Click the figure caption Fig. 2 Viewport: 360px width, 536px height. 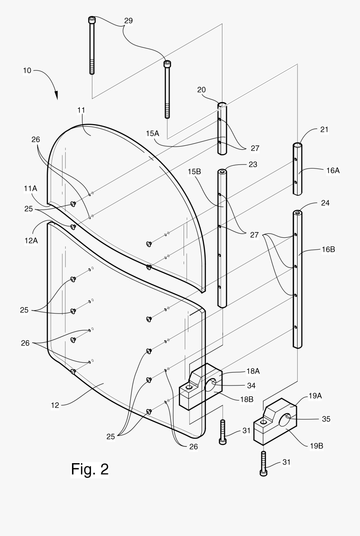coord(90,469)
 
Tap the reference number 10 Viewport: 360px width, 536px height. coord(27,71)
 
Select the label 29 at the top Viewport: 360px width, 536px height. coord(128,21)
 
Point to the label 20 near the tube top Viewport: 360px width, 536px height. coord(201,90)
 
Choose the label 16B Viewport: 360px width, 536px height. coord(328,249)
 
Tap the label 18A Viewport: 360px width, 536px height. coord(253,371)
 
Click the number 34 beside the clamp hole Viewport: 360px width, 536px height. coord(251,385)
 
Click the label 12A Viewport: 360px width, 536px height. coord(31,241)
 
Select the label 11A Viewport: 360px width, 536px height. coord(31,189)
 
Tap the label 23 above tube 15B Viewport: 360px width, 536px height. coord(252,165)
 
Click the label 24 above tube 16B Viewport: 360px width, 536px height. coord(325,203)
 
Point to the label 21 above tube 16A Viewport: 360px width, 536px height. coord(324,129)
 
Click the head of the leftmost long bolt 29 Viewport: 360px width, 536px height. coord(92,20)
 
